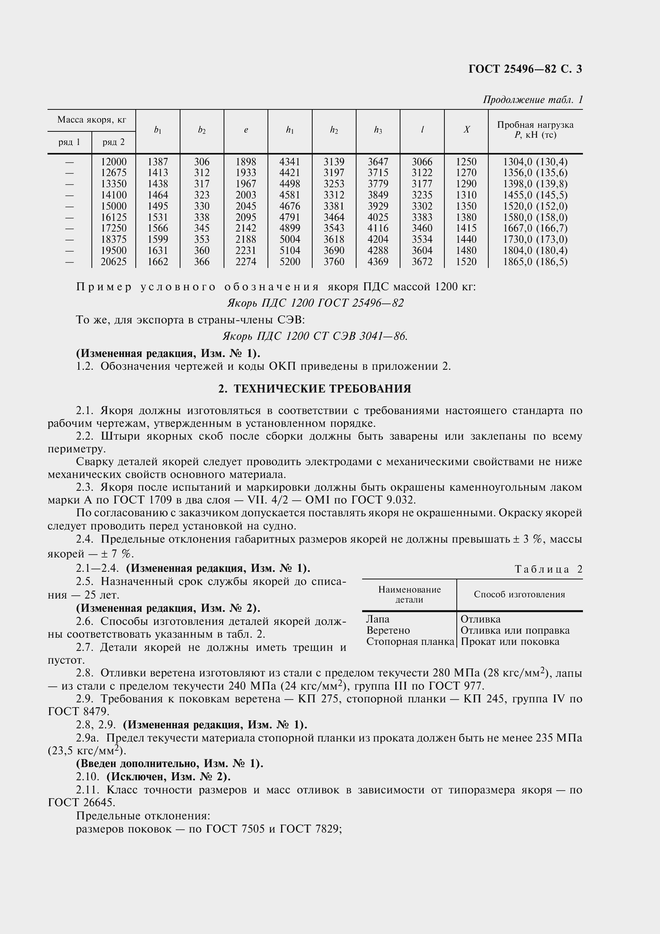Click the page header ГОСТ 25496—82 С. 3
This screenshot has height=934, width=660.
click(x=525, y=69)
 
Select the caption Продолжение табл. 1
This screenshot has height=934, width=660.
click(x=533, y=100)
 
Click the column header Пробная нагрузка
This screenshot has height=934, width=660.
click(x=535, y=125)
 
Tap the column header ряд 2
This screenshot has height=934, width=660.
click(x=113, y=143)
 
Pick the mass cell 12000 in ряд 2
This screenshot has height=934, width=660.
click(x=113, y=161)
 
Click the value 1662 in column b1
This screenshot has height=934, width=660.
click(x=158, y=262)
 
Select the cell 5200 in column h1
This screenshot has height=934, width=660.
click(x=290, y=262)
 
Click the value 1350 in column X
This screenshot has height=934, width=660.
click(x=466, y=206)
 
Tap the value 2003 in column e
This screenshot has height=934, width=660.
click(x=246, y=195)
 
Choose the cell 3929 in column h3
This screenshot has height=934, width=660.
click(x=378, y=206)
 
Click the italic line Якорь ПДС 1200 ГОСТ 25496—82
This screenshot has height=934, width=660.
click(x=315, y=303)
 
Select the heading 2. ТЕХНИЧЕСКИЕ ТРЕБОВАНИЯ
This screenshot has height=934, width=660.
click(x=315, y=389)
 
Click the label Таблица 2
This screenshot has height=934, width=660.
click(x=549, y=569)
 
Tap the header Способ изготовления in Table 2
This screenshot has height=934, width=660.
click(x=519, y=594)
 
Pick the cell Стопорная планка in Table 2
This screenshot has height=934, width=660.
click(x=410, y=642)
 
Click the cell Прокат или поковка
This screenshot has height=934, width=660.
click(x=510, y=642)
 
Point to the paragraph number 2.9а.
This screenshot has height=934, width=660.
click(x=88, y=738)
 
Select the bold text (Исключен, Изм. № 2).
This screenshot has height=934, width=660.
click(x=168, y=777)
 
